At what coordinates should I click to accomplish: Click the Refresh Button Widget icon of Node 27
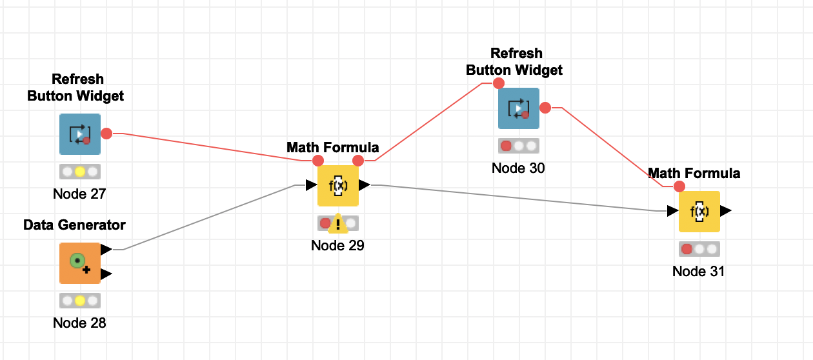[80, 134]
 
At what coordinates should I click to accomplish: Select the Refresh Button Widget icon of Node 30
[518, 108]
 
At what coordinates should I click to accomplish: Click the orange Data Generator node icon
[80, 263]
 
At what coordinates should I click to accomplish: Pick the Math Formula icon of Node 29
[338, 186]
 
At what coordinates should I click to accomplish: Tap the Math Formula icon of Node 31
[699, 212]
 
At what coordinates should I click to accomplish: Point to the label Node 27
[79, 194]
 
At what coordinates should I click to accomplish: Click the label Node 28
[79, 323]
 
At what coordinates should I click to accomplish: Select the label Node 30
[518, 168]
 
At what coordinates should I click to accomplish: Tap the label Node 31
[698, 271]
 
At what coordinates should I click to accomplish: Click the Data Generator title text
[74, 225]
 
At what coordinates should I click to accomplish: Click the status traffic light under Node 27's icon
[80, 172]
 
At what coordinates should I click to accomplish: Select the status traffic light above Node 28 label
[80, 301]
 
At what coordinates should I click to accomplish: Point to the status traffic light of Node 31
[699, 249]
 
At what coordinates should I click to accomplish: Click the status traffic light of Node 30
[518, 146]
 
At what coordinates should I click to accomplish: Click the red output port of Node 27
[106, 134]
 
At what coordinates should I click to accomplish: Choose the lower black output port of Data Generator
[106, 274]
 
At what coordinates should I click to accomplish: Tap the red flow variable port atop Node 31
[679, 186]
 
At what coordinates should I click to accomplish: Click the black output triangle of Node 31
[726, 211]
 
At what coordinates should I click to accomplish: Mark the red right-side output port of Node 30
[545, 108]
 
